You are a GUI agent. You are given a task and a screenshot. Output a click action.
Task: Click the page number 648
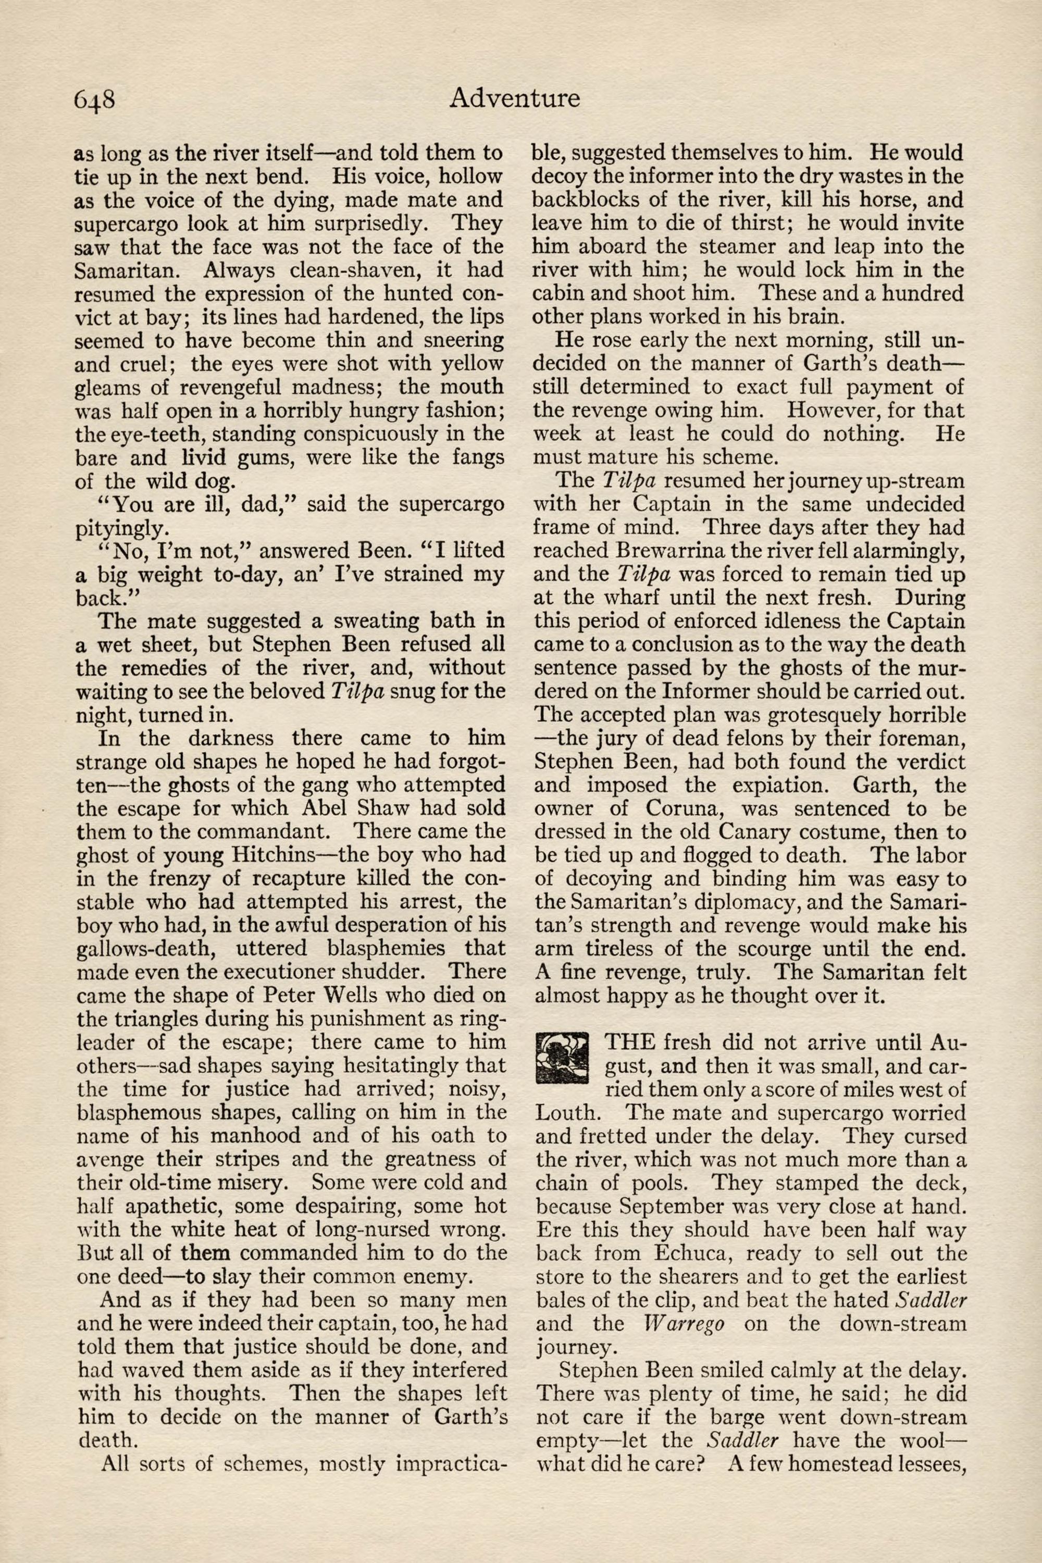pyautogui.click(x=95, y=100)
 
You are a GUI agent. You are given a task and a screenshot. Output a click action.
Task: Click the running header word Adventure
pyautogui.click(x=514, y=98)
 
